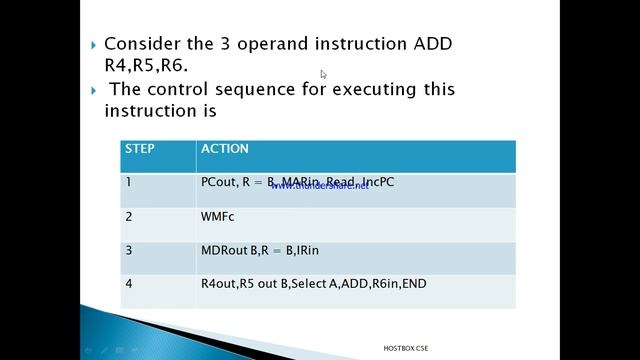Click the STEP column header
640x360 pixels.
pos(140,149)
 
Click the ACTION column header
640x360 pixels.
pos(225,149)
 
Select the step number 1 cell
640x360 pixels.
pos(129,182)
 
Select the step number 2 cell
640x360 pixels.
pos(129,216)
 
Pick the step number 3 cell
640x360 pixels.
pos(129,250)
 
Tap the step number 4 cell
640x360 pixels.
pos(129,284)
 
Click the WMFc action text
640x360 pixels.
pos(217,216)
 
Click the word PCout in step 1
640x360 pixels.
pos(218,182)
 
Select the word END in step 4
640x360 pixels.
pos(413,284)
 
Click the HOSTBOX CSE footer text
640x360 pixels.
pos(412,348)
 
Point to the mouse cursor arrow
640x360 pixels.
pos(324,74)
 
